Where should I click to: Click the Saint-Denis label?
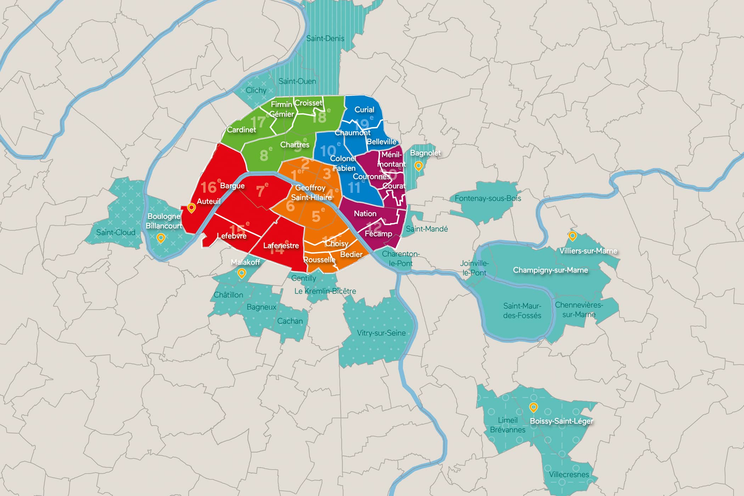click(x=325, y=39)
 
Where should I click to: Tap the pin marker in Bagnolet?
click(x=418, y=166)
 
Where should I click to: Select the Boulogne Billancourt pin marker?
click(x=161, y=238)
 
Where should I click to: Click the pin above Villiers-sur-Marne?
click(x=572, y=235)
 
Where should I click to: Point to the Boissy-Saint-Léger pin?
click(x=533, y=407)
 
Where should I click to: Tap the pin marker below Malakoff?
click(x=242, y=273)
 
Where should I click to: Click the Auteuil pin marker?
click(x=191, y=208)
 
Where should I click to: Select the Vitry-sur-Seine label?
click(x=381, y=333)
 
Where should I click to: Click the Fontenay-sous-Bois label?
click(x=487, y=198)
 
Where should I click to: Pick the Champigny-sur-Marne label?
click(x=550, y=270)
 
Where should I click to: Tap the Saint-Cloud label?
click(x=116, y=233)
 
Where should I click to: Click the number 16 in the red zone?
click(x=209, y=187)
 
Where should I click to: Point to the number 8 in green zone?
click(x=264, y=156)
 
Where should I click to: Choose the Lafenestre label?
click(x=281, y=246)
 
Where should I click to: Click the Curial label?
click(x=364, y=110)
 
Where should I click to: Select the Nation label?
click(x=365, y=214)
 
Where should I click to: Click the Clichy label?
click(x=256, y=90)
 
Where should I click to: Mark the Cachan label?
click(x=290, y=321)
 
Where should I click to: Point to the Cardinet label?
click(x=241, y=130)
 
